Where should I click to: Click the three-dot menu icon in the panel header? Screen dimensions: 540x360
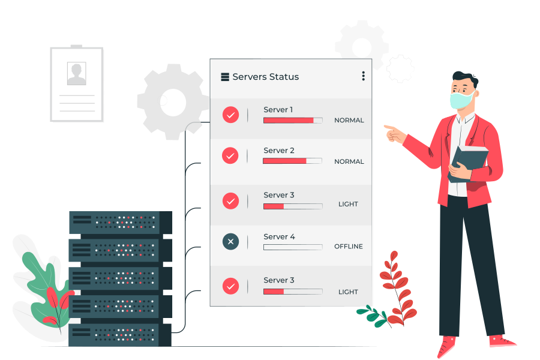tap(364, 76)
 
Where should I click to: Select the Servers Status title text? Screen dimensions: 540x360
tap(266, 76)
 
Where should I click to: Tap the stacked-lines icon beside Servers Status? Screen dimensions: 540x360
tap(225, 76)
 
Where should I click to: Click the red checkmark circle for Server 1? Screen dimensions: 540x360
tap(231, 115)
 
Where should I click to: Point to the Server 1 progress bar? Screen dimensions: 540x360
tap(293, 120)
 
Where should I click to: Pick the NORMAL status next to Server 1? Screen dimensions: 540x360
tap(349, 120)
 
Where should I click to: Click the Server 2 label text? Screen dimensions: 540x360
tap(279, 150)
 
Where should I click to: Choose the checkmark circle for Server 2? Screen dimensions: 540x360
tap(230, 155)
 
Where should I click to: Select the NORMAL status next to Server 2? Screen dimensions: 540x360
tap(349, 161)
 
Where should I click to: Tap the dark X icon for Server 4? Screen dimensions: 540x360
tap(231, 241)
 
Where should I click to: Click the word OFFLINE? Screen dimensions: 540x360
tap(349, 247)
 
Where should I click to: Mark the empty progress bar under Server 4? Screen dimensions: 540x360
tap(293, 247)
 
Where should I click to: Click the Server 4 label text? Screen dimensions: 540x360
tap(279, 236)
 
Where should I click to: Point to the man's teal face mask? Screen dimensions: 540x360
tap(461, 100)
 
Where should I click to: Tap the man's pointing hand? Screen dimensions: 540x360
tap(394, 134)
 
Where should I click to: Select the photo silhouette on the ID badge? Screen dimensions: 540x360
tap(76, 73)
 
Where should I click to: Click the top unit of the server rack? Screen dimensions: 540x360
tap(121, 223)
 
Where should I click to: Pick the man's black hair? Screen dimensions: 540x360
tap(466, 79)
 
